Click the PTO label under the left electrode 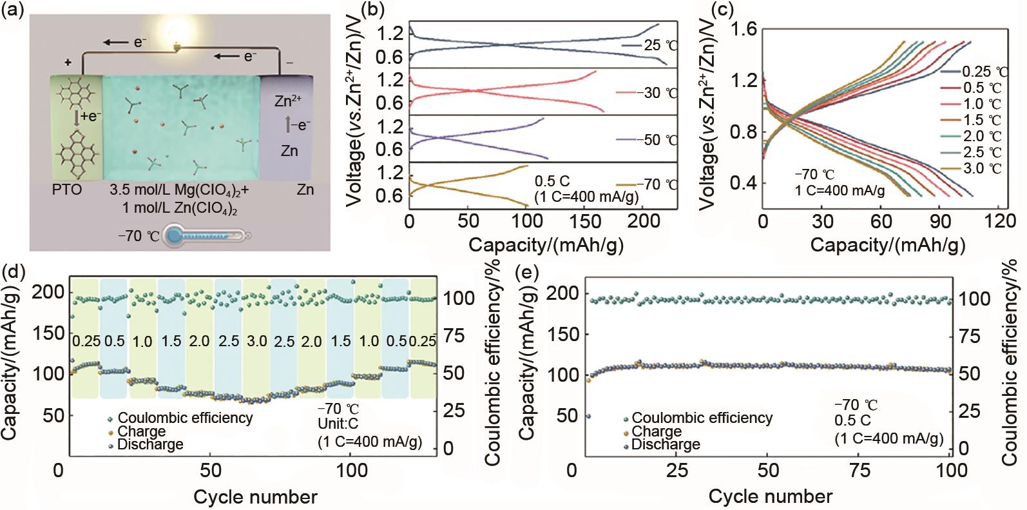[68, 190]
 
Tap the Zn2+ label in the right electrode [287, 101]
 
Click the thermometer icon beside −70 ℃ [206, 237]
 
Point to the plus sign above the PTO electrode [67, 62]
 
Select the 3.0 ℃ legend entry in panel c [983, 168]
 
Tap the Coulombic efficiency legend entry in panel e [702, 418]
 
